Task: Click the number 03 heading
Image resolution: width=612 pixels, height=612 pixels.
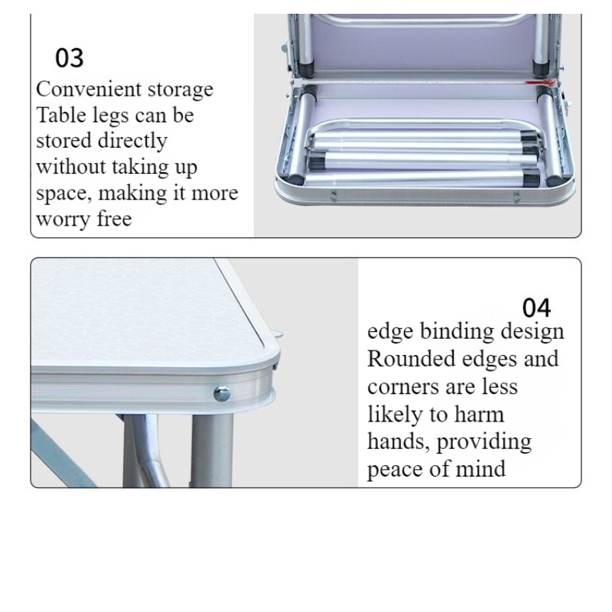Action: click(70, 58)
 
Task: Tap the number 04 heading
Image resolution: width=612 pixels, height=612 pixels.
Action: click(537, 308)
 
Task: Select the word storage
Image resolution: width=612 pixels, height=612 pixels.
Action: click(181, 90)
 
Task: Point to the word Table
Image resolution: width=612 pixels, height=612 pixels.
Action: click(61, 116)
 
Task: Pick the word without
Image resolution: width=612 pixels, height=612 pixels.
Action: click(71, 167)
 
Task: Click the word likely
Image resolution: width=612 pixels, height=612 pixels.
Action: click(395, 415)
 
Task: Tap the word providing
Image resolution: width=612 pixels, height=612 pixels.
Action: click(484, 443)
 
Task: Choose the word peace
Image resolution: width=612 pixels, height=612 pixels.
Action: click(395, 470)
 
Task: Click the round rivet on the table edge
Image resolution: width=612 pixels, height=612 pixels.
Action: click(222, 394)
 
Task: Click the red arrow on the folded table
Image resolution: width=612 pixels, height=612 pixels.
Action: click(540, 83)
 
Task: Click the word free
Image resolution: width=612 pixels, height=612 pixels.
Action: click(114, 219)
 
